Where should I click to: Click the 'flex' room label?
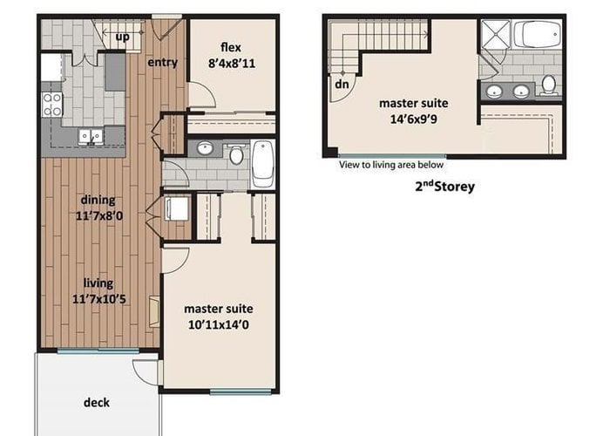(x=231, y=47)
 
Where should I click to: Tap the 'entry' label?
(x=163, y=62)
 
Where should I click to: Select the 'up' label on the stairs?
(x=123, y=37)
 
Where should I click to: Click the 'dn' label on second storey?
(x=342, y=84)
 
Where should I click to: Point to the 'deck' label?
(x=97, y=402)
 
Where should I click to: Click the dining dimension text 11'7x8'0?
(x=99, y=215)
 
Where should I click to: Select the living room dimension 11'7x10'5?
(x=99, y=299)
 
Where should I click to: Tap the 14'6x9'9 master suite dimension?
(x=414, y=119)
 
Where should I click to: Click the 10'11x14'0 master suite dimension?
(x=218, y=324)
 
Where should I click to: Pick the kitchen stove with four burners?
(x=51, y=105)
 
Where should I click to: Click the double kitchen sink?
(x=91, y=137)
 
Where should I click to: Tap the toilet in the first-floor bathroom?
(x=236, y=153)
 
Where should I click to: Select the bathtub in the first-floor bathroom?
(x=263, y=165)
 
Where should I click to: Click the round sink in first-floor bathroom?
(x=205, y=148)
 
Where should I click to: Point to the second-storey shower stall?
(x=496, y=34)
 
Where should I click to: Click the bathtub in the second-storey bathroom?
(x=538, y=34)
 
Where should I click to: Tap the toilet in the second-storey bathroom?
(x=549, y=85)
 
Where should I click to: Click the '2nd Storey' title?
(x=445, y=187)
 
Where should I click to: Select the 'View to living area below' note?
(x=391, y=165)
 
